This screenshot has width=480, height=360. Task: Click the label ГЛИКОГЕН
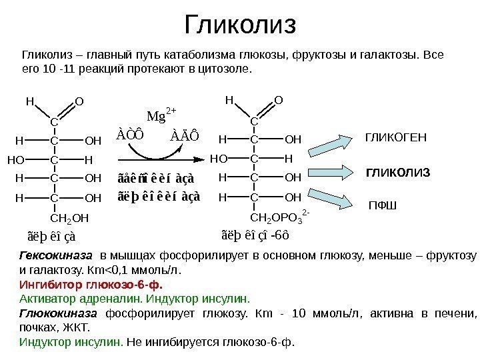click(x=395, y=138)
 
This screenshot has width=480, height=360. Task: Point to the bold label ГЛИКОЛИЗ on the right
click(x=399, y=173)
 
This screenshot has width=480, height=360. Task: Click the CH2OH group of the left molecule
click(x=69, y=217)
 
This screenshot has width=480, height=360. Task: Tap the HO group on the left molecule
click(x=15, y=160)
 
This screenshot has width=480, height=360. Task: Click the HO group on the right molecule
click(x=218, y=160)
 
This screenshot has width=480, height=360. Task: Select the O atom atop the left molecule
click(x=79, y=101)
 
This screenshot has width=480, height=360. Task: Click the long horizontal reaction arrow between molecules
click(x=160, y=160)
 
